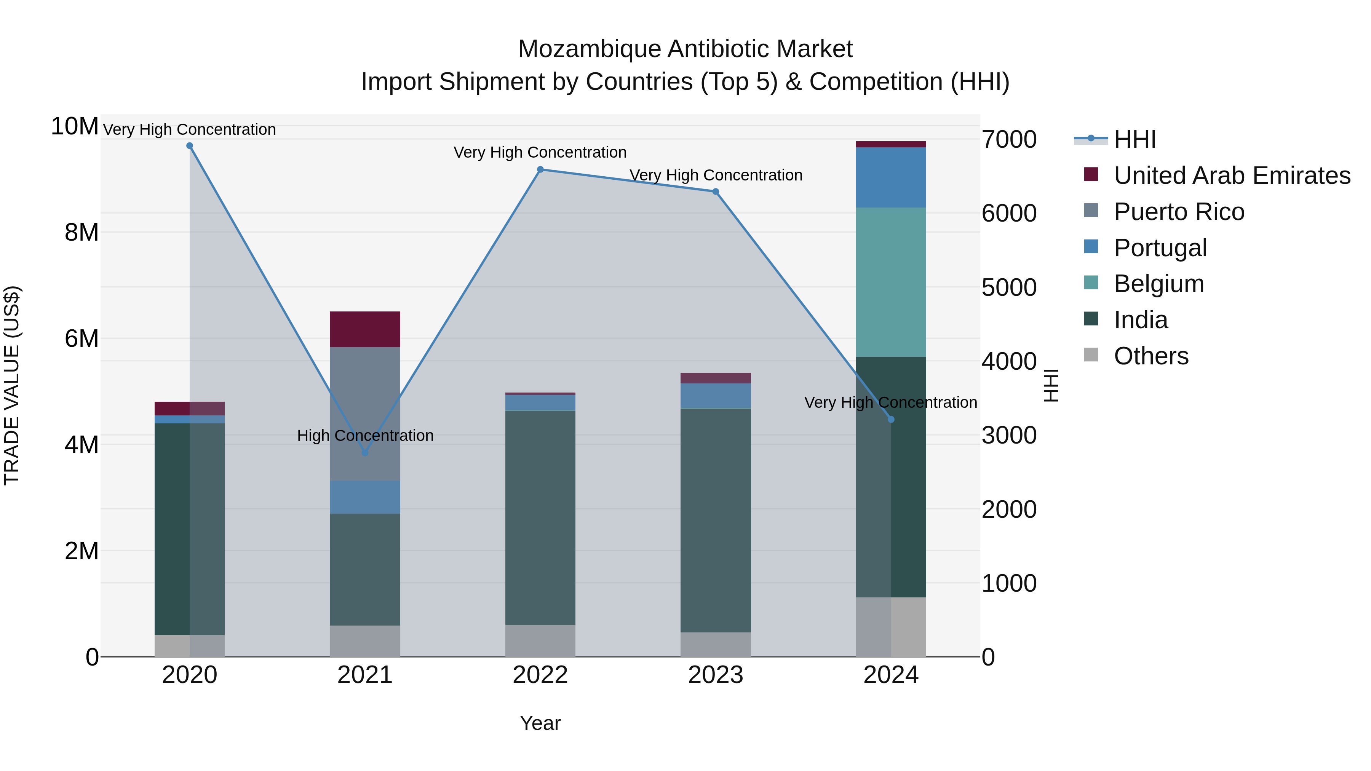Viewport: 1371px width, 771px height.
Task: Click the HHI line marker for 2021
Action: pos(365,453)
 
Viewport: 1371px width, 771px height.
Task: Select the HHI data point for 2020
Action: pos(190,146)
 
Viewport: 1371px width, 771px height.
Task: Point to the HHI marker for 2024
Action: pos(892,419)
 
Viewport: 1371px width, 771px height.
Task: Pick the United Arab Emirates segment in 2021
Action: pos(365,329)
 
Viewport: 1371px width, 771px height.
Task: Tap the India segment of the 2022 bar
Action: pos(540,517)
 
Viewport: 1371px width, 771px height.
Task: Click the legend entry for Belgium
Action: pos(1158,284)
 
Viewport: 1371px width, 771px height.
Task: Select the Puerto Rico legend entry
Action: pos(1179,212)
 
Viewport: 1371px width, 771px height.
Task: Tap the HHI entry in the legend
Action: pos(1134,139)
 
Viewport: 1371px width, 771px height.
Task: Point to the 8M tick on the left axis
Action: pos(81,233)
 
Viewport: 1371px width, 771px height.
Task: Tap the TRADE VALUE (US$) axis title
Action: pos(12,385)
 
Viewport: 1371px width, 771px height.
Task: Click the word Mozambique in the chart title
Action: pos(589,49)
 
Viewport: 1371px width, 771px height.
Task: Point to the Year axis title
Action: pos(540,723)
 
